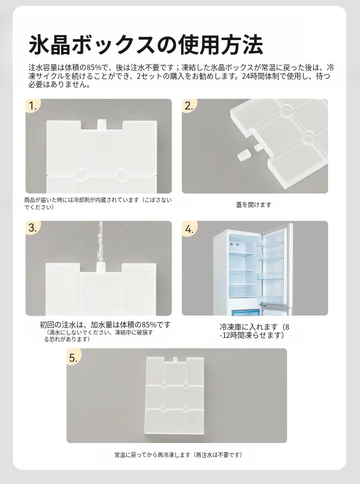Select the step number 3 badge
[32, 228]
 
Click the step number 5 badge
[73, 357]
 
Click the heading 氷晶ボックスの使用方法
[146, 45]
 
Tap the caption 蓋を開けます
[254, 204]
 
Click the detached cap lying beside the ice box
[243, 154]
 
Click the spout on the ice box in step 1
[101, 125]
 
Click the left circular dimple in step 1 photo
[82, 174]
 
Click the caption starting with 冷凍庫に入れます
[254, 331]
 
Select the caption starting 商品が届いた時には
[98, 204]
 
